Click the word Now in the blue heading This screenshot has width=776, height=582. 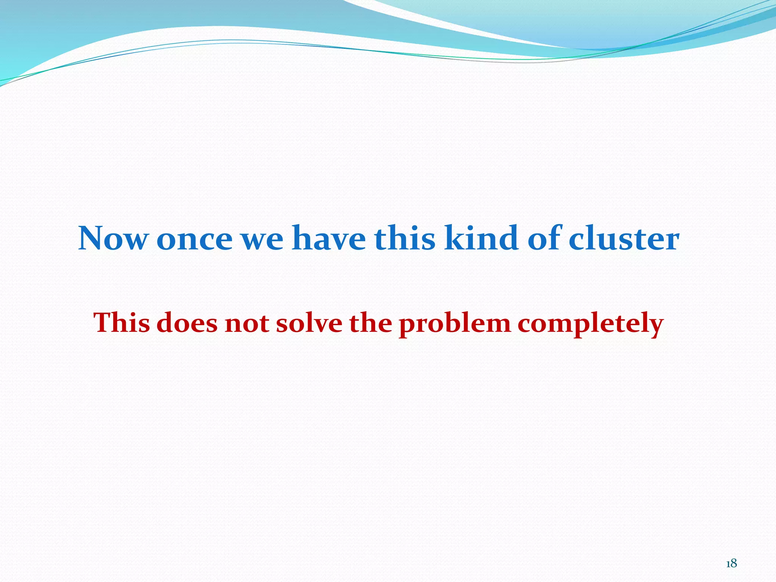click(113, 239)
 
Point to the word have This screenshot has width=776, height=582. click(328, 239)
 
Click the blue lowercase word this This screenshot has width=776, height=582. click(405, 239)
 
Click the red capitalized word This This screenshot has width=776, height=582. click(121, 323)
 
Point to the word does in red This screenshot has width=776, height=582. click(187, 323)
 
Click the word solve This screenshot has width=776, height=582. click(309, 323)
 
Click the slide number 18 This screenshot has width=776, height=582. click(731, 563)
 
